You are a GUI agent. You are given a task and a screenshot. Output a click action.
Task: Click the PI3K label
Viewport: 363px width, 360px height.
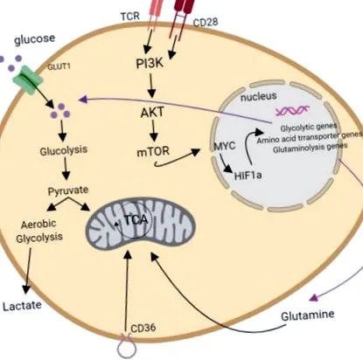150,63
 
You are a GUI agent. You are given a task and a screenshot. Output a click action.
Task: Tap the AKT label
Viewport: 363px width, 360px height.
152,113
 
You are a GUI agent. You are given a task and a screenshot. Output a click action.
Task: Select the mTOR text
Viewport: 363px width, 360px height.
153,151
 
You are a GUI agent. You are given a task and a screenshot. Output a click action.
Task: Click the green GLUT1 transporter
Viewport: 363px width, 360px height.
28,80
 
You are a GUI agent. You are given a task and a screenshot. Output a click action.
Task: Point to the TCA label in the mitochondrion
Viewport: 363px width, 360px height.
136,220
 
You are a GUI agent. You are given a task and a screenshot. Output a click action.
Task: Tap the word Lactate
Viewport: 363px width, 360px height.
22,306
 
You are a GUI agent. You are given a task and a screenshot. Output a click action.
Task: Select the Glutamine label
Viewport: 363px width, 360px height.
307,315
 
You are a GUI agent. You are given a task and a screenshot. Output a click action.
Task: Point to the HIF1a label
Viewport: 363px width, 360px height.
248,176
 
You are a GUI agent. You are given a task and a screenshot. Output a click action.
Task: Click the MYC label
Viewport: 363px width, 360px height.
225,146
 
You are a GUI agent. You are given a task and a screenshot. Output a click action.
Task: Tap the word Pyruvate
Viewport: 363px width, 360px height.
68,191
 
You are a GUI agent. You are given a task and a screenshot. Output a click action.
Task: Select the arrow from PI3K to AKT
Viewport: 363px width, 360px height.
151,86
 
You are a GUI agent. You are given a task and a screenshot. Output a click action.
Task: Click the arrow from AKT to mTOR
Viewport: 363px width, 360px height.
154,130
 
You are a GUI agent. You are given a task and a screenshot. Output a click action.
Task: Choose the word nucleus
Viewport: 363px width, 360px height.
258,96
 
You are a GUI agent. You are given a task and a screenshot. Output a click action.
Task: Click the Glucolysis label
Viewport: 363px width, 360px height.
64,150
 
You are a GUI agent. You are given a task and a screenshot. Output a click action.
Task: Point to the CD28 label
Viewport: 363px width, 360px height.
206,23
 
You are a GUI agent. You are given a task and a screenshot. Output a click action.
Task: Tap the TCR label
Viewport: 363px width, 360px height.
130,17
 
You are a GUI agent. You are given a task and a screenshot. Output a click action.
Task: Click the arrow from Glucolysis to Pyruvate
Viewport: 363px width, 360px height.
66,169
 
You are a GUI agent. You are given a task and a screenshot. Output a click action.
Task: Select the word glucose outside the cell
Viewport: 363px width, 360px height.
34,39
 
